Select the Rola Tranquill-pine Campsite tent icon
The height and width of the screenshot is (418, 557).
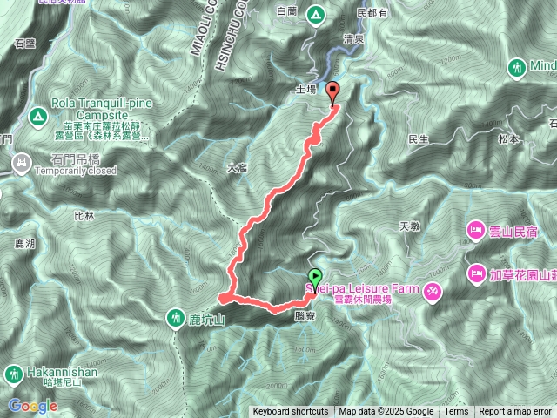(37, 115)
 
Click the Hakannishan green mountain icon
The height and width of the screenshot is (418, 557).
(12, 374)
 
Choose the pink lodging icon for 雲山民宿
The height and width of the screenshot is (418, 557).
(476, 230)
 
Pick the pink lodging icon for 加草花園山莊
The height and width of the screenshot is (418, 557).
(476, 274)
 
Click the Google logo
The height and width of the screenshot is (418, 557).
(33, 406)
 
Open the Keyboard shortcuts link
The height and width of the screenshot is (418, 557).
(291, 412)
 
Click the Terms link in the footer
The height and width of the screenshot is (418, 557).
(456, 412)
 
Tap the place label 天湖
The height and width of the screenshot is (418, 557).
(408, 226)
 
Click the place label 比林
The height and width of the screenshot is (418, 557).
(84, 214)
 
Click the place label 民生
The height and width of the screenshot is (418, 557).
(419, 139)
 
